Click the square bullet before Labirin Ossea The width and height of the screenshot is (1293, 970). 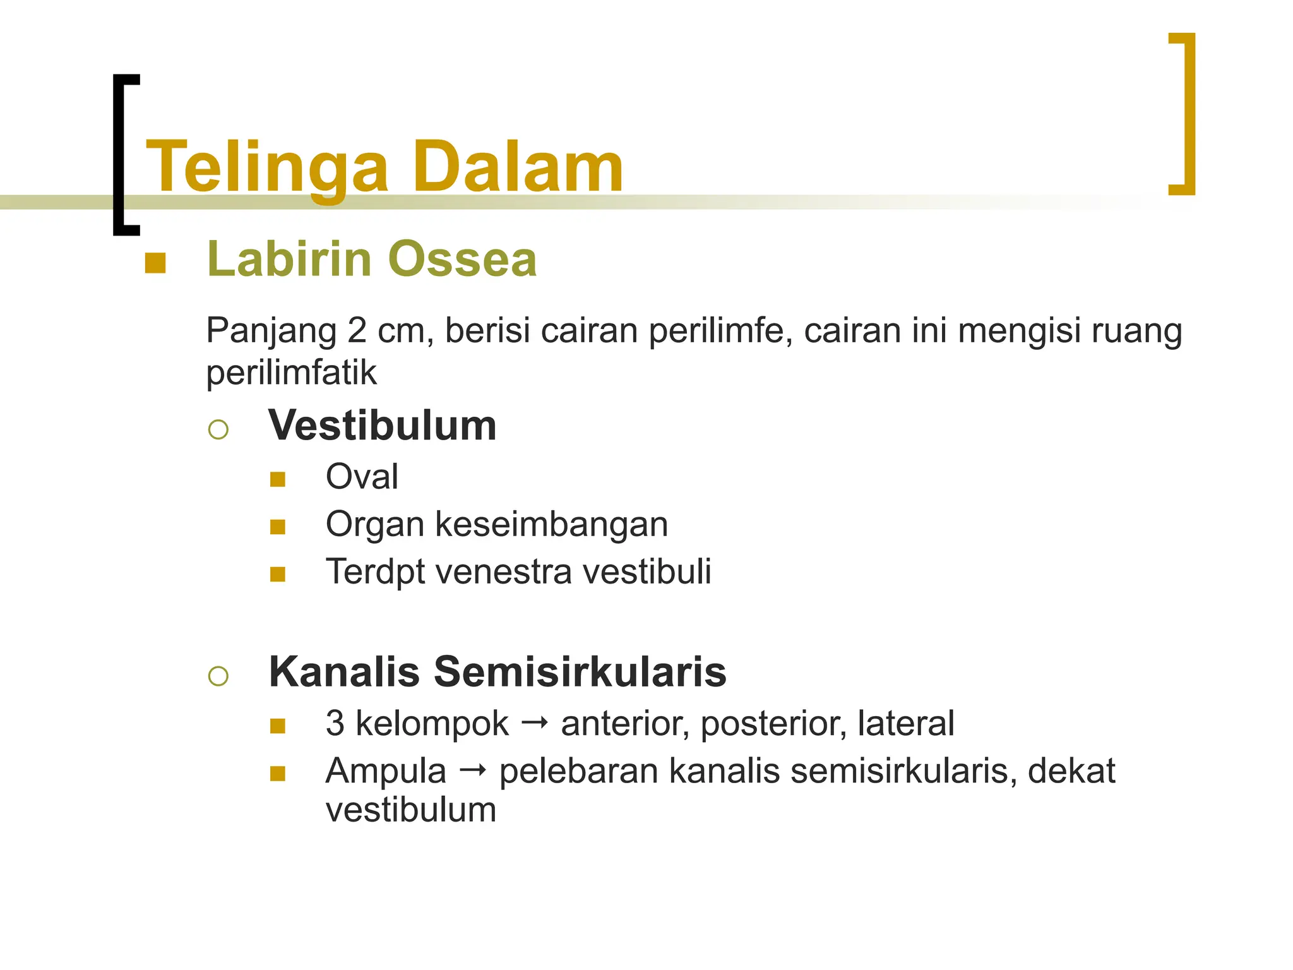pyautogui.click(x=155, y=263)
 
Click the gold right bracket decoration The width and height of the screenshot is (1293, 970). pyautogui.click(x=1185, y=114)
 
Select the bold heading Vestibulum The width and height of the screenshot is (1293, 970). pyautogui.click(x=383, y=426)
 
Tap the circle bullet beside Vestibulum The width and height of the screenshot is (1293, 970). pyautogui.click(x=218, y=430)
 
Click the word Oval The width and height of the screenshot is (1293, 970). pyautogui.click(x=362, y=476)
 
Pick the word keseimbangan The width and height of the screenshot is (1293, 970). pyautogui.click(x=551, y=524)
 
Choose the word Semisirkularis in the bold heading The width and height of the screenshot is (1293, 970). pyautogui.click(x=580, y=671)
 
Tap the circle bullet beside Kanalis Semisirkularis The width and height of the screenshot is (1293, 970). pyautogui.click(x=218, y=676)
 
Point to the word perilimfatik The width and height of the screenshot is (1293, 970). pyautogui.click(x=291, y=373)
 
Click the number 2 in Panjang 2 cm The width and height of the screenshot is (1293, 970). pyautogui.click(x=357, y=330)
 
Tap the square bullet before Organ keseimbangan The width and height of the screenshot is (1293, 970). pyautogui.click(x=278, y=527)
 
